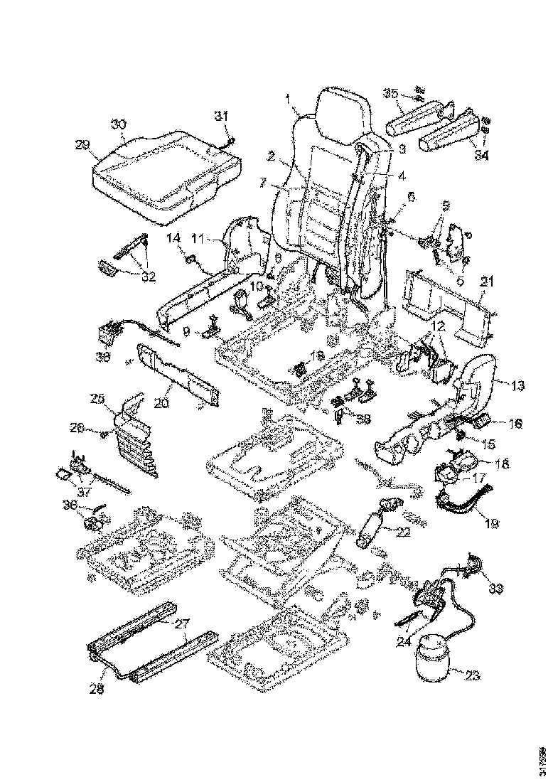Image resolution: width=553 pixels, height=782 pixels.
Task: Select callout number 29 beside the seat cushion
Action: point(81,144)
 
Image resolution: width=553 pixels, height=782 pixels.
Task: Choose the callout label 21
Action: point(487,282)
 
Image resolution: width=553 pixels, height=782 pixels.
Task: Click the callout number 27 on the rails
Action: point(182,623)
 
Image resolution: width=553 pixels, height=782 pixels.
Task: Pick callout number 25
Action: point(98,399)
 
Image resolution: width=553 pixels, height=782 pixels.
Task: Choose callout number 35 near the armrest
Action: point(390,93)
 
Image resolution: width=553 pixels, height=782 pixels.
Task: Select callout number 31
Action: point(222,116)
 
